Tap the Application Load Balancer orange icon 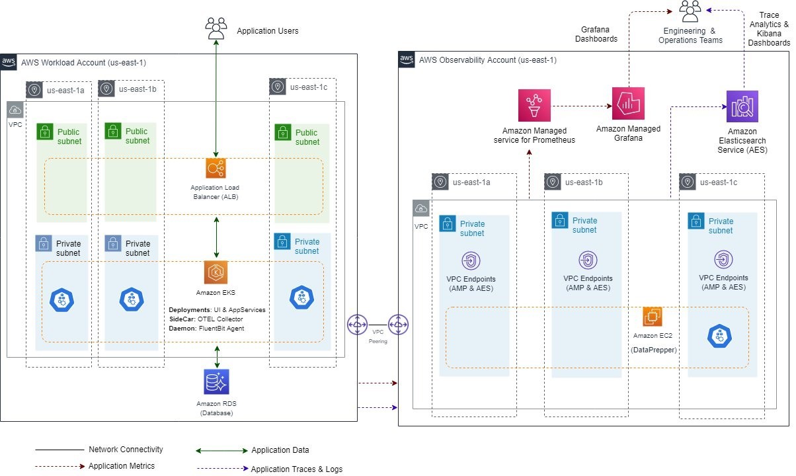coord(216,169)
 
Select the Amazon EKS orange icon coord(216,272)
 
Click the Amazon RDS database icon coord(216,382)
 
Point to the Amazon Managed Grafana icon coord(628,104)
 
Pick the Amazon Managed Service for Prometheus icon coord(534,106)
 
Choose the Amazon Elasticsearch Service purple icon coord(742,106)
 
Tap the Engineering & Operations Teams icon coord(690,11)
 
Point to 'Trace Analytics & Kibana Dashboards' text coord(769,28)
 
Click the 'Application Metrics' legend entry coord(122,466)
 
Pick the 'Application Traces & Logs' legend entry coord(297,469)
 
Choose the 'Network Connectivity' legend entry coord(126,450)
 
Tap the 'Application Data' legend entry coord(280,450)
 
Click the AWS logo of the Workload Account coord(9,61)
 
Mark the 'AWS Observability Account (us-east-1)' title coord(488,60)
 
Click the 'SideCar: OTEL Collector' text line coord(206,319)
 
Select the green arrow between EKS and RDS coord(217,356)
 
